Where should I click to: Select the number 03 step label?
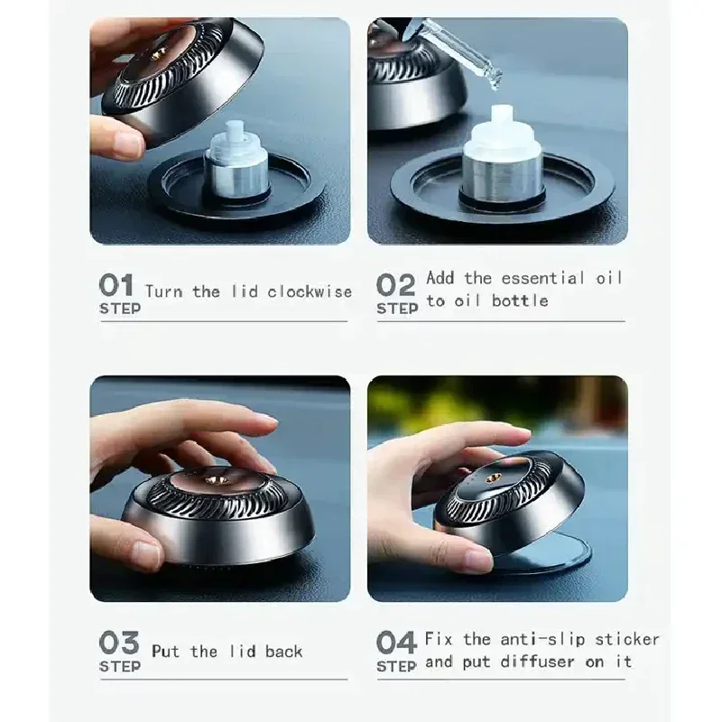118,643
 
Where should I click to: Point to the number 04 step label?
396,643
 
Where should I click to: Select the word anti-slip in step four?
540,639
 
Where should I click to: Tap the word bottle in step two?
520,301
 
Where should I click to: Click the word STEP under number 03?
119,666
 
